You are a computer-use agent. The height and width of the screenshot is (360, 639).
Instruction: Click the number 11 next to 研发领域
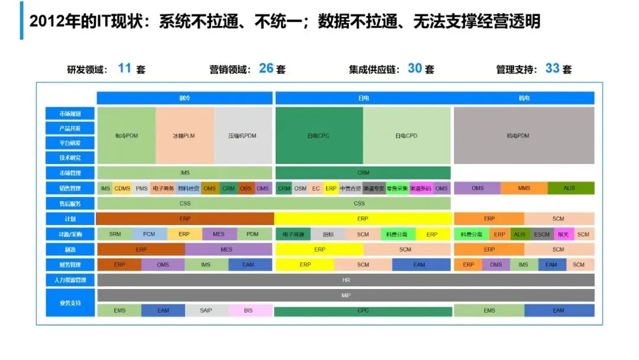[x=124, y=69]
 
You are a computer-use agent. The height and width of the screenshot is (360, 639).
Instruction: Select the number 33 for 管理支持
[x=553, y=69]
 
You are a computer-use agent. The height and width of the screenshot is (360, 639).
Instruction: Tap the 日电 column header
[x=363, y=98]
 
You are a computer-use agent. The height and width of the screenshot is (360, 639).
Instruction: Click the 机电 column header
[x=524, y=98]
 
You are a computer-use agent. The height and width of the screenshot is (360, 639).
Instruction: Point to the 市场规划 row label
[x=70, y=113]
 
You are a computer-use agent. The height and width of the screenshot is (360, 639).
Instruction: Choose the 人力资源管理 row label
[x=70, y=279]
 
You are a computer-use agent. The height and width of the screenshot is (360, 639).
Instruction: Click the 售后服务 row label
[x=70, y=204]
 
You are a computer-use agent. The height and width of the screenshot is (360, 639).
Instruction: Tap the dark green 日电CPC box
[x=318, y=136]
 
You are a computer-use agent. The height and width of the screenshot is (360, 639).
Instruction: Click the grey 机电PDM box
[x=524, y=136]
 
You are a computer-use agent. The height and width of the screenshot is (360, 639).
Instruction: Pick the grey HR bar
[x=346, y=279]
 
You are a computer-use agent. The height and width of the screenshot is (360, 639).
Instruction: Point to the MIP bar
[x=346, y=295]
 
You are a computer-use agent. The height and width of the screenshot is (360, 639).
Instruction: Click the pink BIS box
[x=248, y=310]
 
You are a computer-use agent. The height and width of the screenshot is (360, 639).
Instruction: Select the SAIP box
[x=206, y=310]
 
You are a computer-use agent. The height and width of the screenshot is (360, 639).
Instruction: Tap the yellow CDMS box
[x=122, y=188]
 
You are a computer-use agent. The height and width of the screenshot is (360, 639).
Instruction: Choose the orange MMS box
[x=524, y=188]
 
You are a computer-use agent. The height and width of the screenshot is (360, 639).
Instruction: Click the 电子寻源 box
[x=293, y=234]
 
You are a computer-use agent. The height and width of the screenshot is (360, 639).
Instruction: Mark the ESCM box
[x=541, y=234]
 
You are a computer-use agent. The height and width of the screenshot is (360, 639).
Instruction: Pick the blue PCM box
[x=149, y=234]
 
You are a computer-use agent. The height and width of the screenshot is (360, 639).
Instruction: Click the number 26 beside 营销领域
[x=266, y=69]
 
